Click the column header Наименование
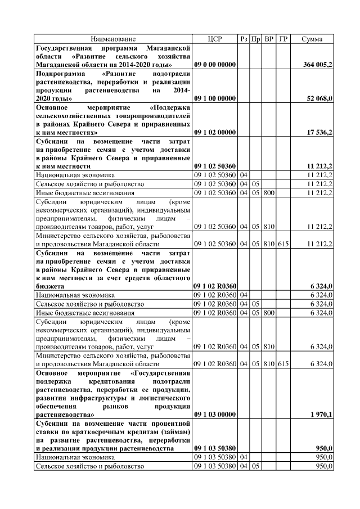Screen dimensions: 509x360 click(x=114, y=39)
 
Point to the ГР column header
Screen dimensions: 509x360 click(x=283, y=39)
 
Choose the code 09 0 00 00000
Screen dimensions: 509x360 click(x=215, y=65)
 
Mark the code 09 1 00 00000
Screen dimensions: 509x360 click(x=215, y=98)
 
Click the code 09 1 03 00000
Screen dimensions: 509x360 click(x=215, y=415)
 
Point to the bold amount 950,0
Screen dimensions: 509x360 click(x=323, y=448)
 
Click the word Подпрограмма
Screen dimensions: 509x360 click(x=57, y=74)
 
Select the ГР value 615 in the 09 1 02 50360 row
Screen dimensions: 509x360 click(x=283, y=244)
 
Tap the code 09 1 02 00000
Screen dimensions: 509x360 click(x=215, y=132)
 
